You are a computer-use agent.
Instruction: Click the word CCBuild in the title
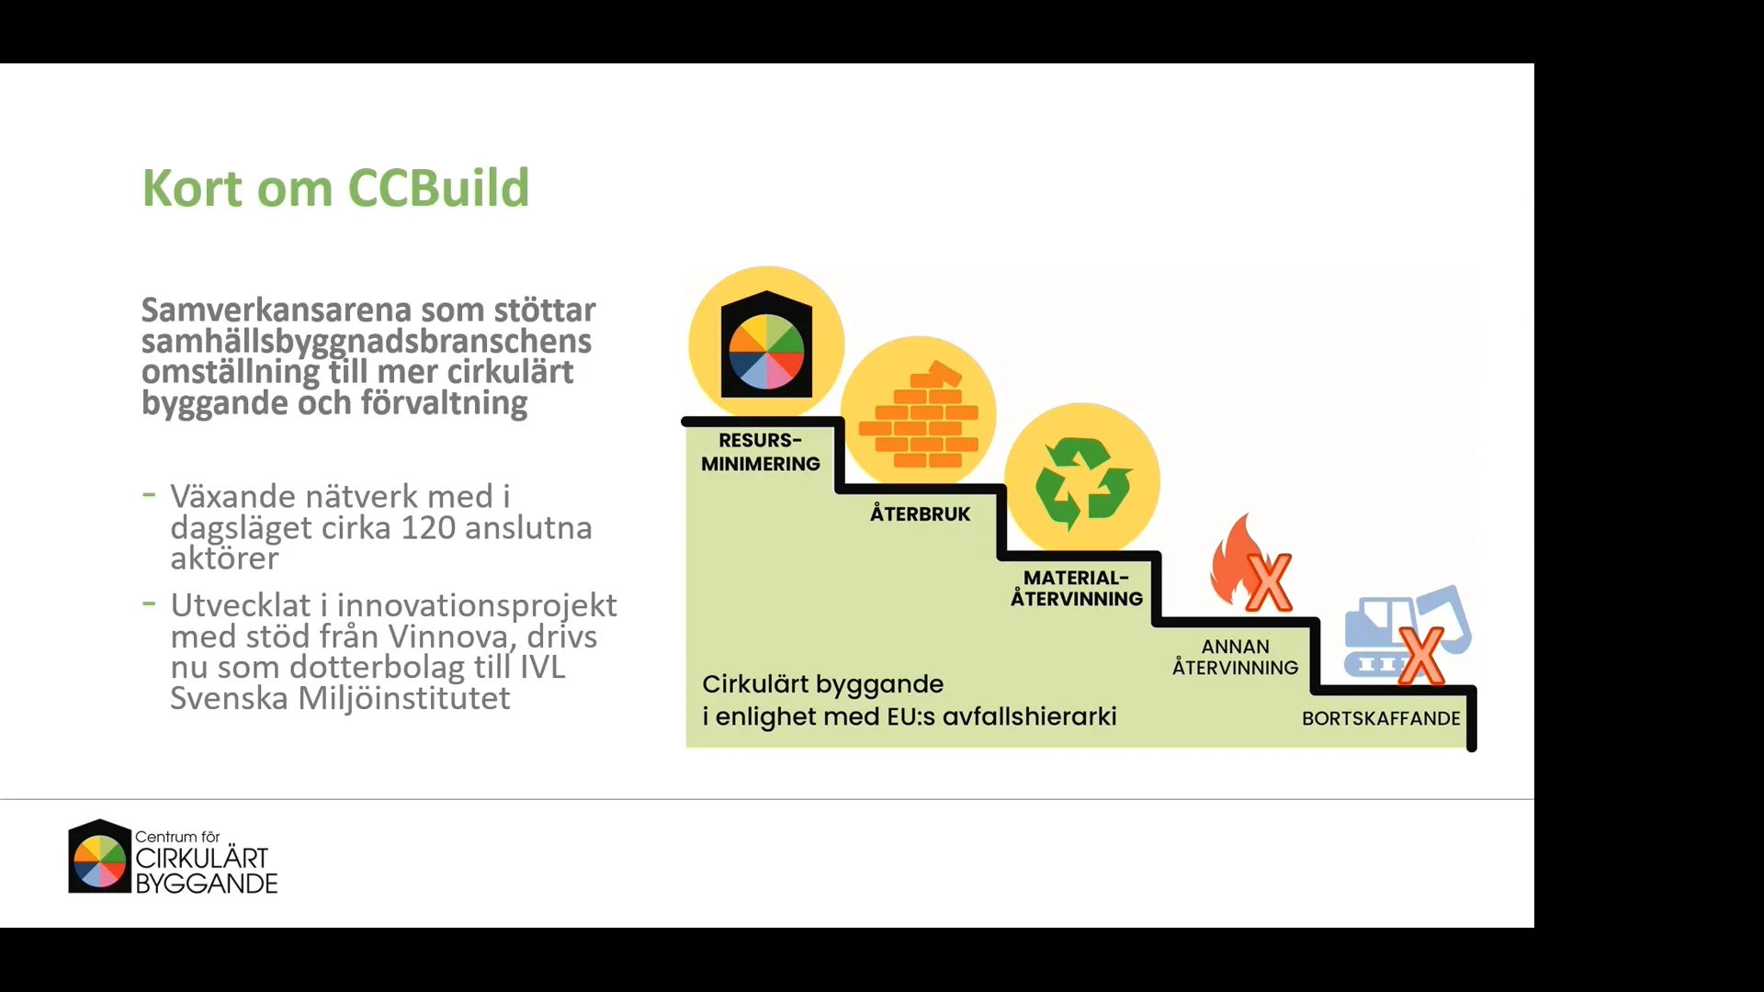pos(438,188)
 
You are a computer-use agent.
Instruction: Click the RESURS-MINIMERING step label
pos(760,452)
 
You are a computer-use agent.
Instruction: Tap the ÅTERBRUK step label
pos(920,514)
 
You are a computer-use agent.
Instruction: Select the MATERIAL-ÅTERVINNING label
pos(1076,588)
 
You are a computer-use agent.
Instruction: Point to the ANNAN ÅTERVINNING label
pos(1235,658)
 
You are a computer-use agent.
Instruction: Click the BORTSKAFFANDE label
pos(1380,718)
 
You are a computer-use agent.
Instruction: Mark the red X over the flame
pos(1269,582)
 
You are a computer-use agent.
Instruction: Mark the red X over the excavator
pos(1420,656)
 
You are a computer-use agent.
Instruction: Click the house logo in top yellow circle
pos(766,344)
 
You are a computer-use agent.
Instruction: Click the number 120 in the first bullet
pos(428,528)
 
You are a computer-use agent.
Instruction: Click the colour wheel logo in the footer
pos(99,858)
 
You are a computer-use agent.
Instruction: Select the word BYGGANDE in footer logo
pos(207,884)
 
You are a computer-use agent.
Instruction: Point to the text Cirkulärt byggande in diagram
pos(822,684)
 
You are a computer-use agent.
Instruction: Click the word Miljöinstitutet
pos(403,698)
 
